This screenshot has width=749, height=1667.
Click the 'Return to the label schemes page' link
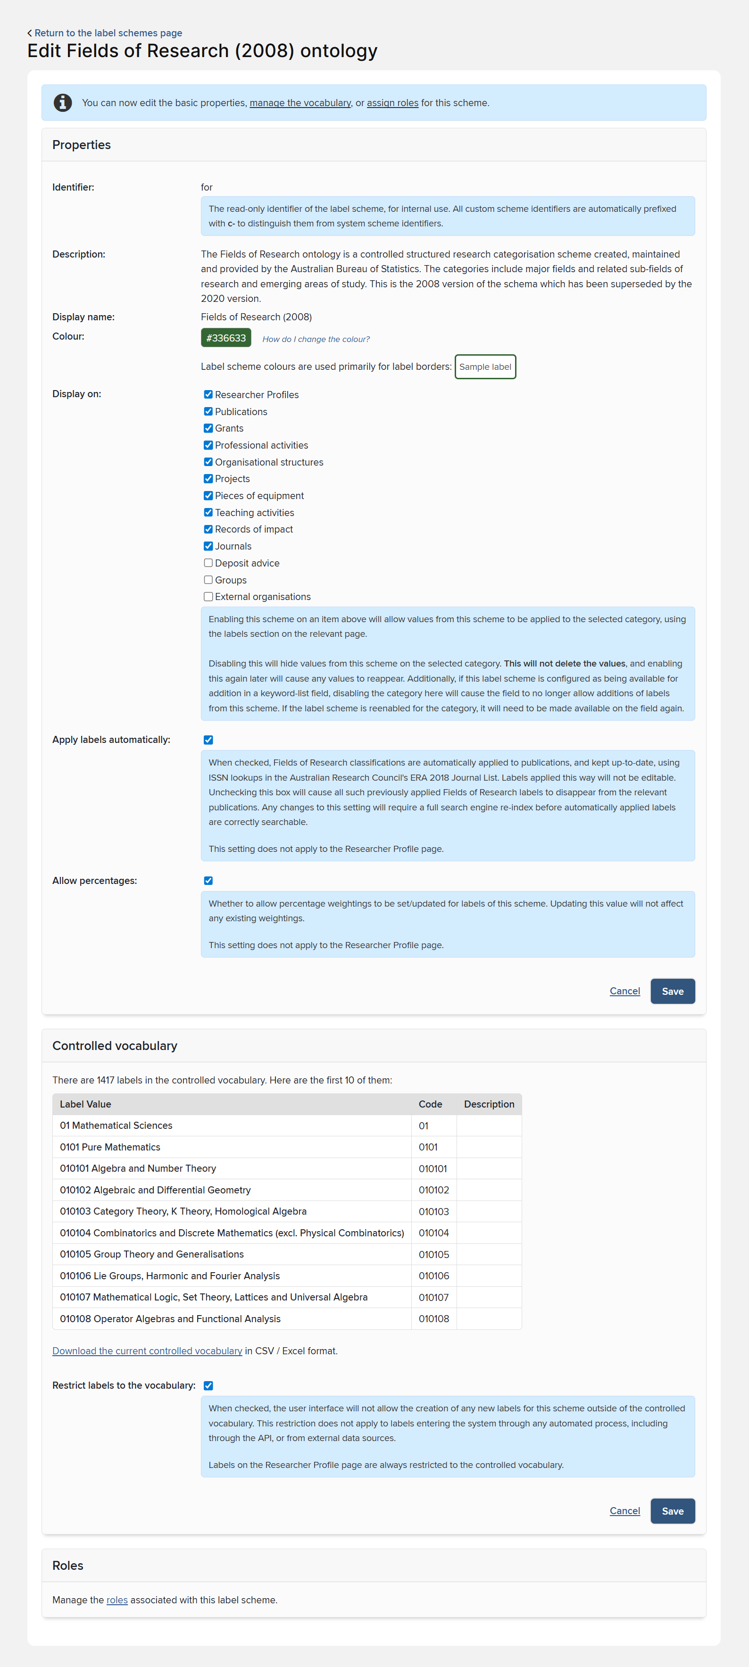point(108,33)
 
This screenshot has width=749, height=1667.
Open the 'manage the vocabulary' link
point(300,103)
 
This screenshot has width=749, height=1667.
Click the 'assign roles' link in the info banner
point(392,103)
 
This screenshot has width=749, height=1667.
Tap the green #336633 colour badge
point(226,338)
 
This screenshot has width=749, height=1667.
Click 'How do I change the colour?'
point(316,339)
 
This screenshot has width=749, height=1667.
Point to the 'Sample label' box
point(485,367)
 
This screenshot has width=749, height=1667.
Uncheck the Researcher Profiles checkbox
point(208,395)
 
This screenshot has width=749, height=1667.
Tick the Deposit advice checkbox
point(208,563)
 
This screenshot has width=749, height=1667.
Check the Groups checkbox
point(208,580)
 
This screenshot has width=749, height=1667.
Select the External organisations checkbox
point(208,597)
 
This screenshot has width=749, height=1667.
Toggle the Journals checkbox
point(208,546)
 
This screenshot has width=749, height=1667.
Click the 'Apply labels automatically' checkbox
point(208,740)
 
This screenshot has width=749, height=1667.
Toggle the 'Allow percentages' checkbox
point(208,881)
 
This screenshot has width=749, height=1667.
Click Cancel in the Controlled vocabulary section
point(624,1511)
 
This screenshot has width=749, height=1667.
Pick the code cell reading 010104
point(433,1233)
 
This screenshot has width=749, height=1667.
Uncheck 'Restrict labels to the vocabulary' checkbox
point(208,1385)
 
